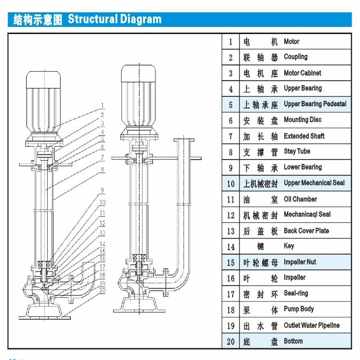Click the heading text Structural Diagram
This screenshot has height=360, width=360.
pos(114,19)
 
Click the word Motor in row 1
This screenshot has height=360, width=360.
pos(292,41)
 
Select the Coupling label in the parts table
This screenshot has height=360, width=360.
pos(296,57)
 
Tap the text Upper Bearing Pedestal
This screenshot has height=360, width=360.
pos(315,104)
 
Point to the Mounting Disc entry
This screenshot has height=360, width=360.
pos(302,120)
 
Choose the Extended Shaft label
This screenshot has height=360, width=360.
pos(304,136)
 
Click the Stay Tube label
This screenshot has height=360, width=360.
pos(297,151)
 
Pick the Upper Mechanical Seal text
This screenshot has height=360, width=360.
pos(314,183)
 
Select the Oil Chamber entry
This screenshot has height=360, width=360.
pos(300,199)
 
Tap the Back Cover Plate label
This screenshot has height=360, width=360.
pos(306,231)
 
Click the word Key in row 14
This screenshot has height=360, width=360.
pos(289,246)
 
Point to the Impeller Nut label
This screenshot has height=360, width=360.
pos(301,262)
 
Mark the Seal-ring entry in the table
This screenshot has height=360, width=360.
pos(296,293)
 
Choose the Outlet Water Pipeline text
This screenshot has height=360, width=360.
pos(311,325)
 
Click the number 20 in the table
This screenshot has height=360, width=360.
pos(231,341)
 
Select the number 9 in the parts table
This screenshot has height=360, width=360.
pos(231,167)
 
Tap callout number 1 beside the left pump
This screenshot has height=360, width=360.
pos(103,106)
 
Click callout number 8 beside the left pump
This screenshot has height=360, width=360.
pos(103,169)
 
